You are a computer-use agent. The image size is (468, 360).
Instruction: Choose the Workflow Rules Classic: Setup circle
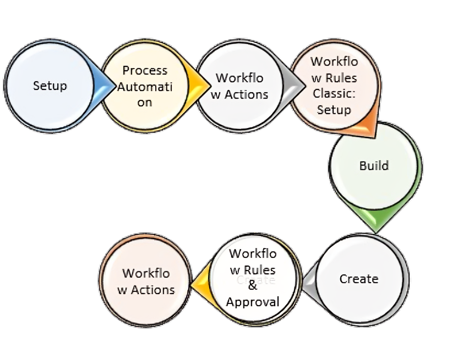tap(334, 86)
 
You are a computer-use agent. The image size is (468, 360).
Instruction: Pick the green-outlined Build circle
tap(374, 166)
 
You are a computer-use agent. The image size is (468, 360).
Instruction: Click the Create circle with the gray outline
tap(359, 279)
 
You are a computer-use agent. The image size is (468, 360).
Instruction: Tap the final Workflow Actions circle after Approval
tap(146, 281)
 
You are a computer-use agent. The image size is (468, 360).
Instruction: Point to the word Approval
tap(253, 302)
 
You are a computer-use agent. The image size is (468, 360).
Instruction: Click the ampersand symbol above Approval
tap(253, 286)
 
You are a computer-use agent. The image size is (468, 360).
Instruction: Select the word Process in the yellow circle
tap(145, 70)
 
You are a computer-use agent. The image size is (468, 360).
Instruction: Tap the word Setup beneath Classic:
tap(334, 110)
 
